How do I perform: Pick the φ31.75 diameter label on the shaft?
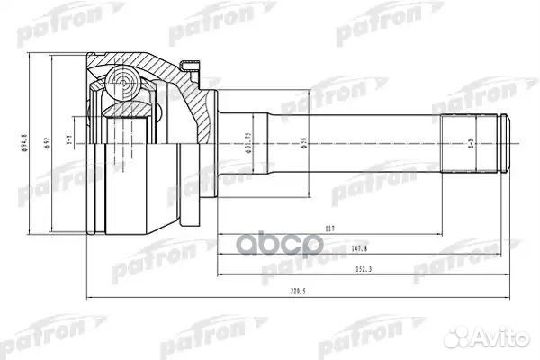248,144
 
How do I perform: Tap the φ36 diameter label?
304,144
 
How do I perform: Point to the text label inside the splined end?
471,144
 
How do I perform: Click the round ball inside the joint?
116,85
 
